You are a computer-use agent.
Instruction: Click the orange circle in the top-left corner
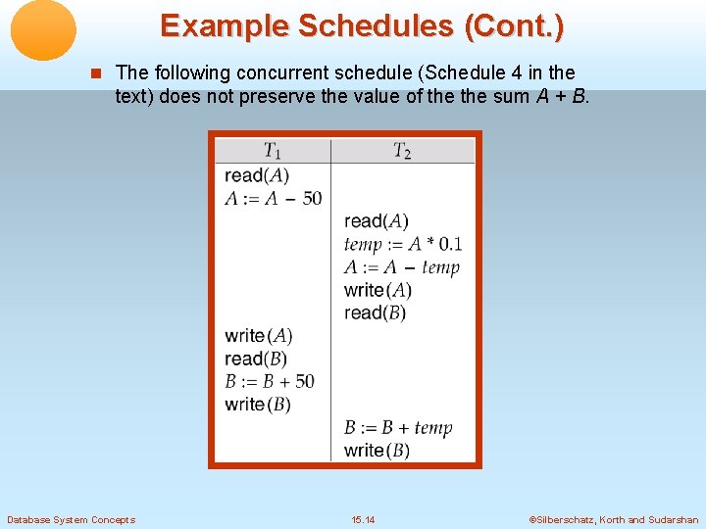point(43,29)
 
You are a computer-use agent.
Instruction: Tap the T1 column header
point(273,151)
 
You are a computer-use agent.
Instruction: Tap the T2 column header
point(402,151)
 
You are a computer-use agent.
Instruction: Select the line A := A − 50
point(273,198)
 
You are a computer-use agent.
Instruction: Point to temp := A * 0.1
point(403,244)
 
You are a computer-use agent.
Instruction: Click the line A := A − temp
point(402,267)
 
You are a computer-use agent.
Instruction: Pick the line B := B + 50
point(270,381)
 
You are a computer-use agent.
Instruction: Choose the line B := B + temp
point(398,427)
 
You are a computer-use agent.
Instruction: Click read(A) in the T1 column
point(257,175)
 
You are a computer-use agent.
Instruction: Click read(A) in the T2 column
point(377,221)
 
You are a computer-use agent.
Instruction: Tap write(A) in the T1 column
point(259,336)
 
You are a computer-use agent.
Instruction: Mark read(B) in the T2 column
point(376,313)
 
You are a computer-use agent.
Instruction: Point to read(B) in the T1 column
point(256,359)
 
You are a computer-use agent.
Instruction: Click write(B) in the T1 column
point(258,404)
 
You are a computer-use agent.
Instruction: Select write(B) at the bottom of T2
point(378,451)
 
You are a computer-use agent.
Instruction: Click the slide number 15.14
point(363,519)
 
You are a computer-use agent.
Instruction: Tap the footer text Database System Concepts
point(71,519)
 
